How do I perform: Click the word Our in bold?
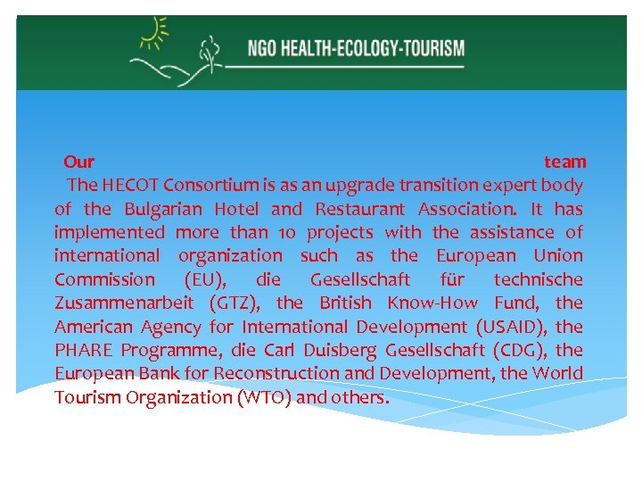click(79, 162)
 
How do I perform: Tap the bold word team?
click(565, 162)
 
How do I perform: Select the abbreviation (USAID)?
click(504, 326)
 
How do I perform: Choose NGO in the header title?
click(263, 46)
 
